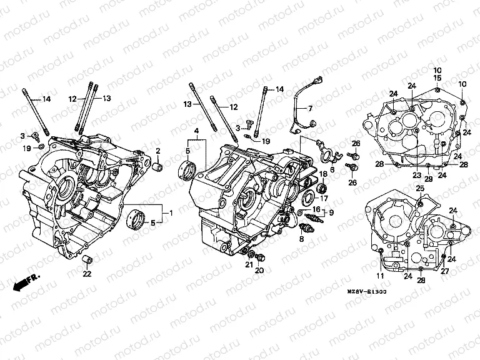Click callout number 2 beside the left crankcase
tap(158, 151)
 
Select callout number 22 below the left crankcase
tap(87, 274)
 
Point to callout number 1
tap(169, 212)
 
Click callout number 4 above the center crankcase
tap(196, 131)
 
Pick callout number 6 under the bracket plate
tap(332, 169)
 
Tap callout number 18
tap(324, 173)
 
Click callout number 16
tap(316, 209)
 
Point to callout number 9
tap(331, 212)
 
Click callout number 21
tap(248, 266)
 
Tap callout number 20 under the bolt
tap(260, 270)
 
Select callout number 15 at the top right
tap(437, 77)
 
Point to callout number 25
tap(420, 187)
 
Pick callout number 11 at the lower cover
tap(381, 276)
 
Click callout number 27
tap(444, 271)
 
